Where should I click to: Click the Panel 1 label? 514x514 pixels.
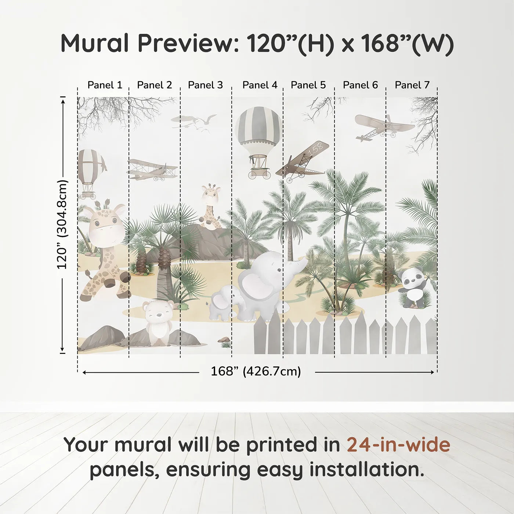(x=105, y=85)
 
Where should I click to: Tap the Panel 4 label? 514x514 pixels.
(x=260, y=85)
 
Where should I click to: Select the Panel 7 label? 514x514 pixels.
(x=412, y=85)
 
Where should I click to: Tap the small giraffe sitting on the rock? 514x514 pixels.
(x=210, y=206)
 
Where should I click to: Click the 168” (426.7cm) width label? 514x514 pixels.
(x=256, y=372)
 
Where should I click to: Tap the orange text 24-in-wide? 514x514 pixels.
(x=398, y=445)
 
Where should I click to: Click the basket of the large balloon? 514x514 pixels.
(x=259, y=165)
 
